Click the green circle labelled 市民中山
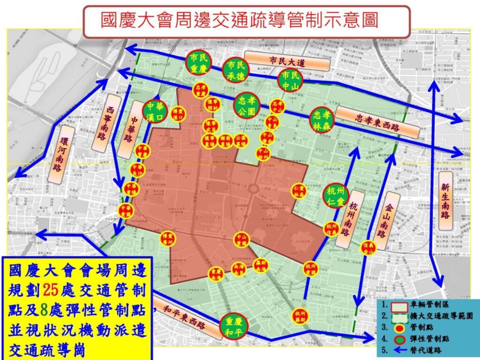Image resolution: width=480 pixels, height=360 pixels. pos(291,81)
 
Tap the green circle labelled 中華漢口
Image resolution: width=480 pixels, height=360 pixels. pos(155,112)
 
